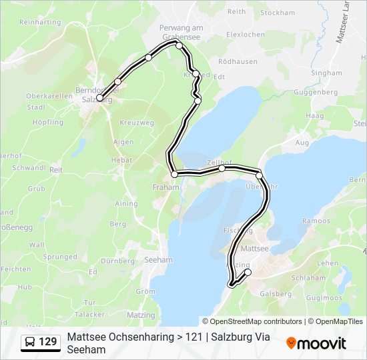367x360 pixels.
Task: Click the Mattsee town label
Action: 254,248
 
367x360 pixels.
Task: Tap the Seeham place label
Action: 158,260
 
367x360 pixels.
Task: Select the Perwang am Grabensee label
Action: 180,32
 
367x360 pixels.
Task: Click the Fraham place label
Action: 166,187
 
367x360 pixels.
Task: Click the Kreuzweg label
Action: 136,123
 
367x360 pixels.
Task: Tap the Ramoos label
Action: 316,221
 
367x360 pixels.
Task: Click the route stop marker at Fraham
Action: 175,174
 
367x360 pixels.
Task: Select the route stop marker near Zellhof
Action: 222,169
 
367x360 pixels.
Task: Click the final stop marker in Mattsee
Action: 248,272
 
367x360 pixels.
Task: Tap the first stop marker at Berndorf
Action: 99,98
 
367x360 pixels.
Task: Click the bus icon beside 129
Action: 29,342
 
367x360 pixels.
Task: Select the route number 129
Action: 48,342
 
